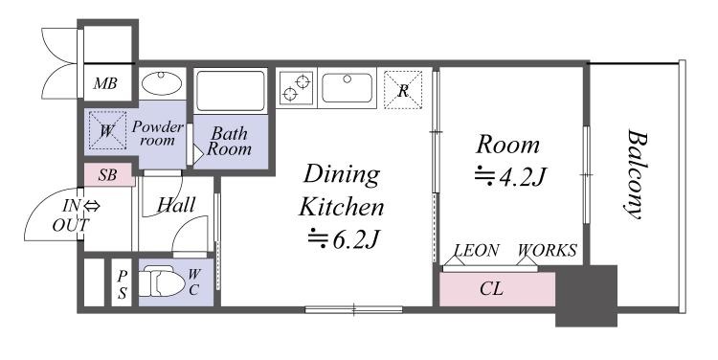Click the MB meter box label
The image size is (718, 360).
[x=105, y=83]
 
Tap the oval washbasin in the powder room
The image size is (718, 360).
[x=161, y=83]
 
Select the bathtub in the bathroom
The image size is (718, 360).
[x=231, y=91]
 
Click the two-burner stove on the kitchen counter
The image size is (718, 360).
[x=296, y=88]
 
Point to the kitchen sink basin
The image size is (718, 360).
[x=347, y=87]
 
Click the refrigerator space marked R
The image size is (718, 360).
[x=402, y=90]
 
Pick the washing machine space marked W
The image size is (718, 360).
[x=107, y=130]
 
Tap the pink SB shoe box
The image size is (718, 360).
[x=109, y=175]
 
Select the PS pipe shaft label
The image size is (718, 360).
[x=122, y=284]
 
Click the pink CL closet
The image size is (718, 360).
[x=497, y=289]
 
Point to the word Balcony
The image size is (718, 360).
[x=637, y=174]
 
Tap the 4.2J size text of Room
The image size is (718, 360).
[x=510, y=177]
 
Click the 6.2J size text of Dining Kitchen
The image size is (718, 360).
[x=343, y=239]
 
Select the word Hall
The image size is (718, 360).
[x=176, y=205]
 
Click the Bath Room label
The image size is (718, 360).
[x=229, y=141]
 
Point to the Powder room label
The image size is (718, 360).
[x=158, y=133]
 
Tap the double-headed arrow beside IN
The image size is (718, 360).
[x=92, y=207]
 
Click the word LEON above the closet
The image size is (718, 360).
[x=476, y=251]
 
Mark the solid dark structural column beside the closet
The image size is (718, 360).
[x=587, y=296]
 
